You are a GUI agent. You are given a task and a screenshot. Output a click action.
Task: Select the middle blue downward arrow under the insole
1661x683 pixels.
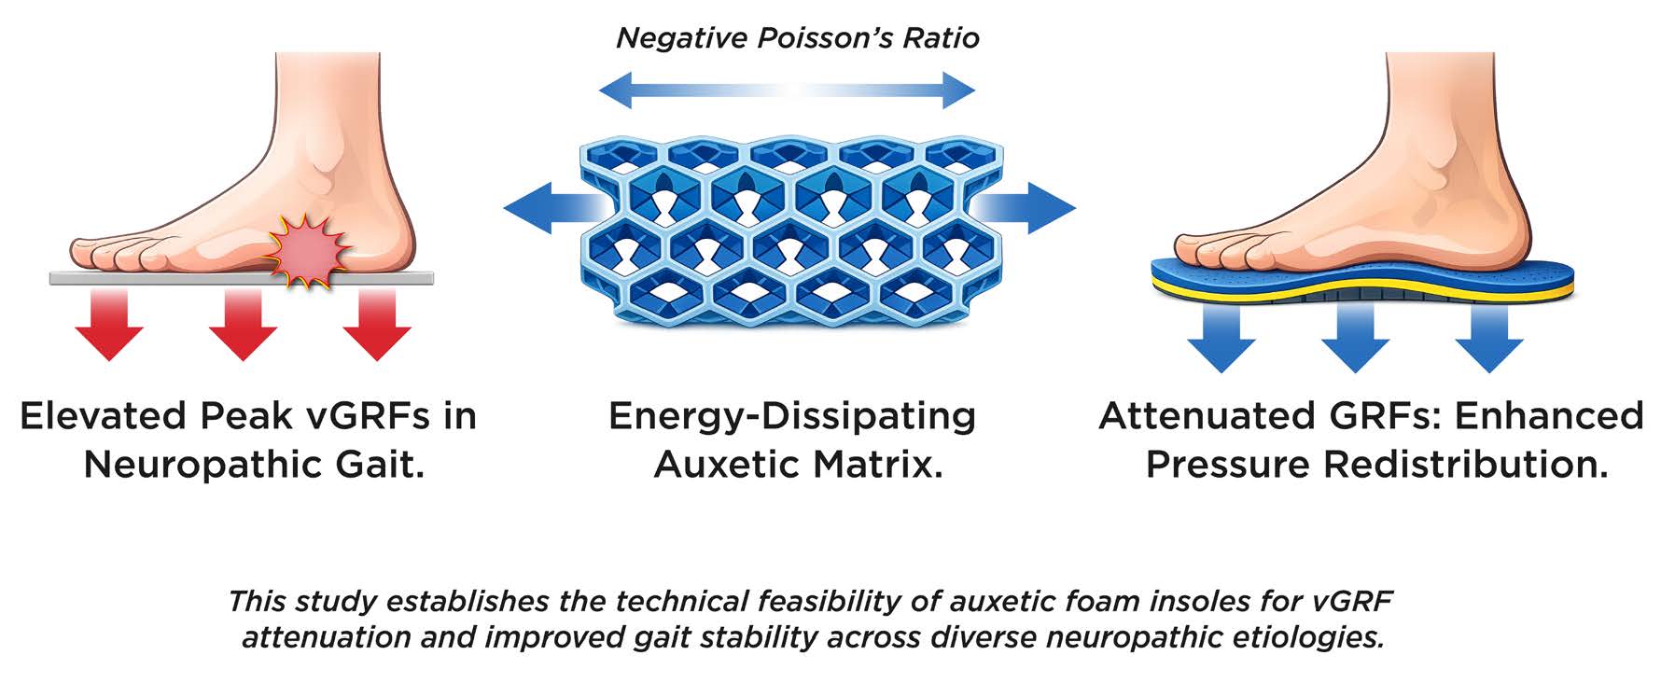coord(1355,338)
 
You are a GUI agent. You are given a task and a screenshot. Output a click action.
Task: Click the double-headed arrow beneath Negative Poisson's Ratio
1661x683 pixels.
coord(786,91)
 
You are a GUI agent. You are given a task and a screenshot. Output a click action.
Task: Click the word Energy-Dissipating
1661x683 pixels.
coord(791,416)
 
